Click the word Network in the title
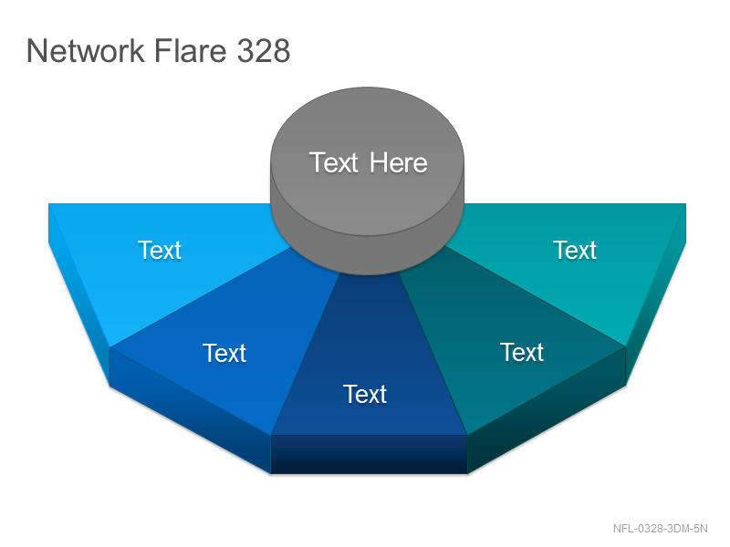(x=86, y=50)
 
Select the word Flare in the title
(x=191, y=50)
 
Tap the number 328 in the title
(x=264, y=50)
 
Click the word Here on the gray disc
(x=399, y=163)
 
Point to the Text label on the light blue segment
(x=159, y=250)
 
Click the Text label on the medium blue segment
(x=224, y=353)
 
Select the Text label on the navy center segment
(x=364, y=395)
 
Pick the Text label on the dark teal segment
(x=521, y=352)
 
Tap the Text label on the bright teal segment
(x=575, y=250)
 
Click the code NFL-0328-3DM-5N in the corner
(x=660, y=529)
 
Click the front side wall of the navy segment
(x=369, y=454)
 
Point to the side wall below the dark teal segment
(x=547, y=410)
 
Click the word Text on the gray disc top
(x=333, y=163)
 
